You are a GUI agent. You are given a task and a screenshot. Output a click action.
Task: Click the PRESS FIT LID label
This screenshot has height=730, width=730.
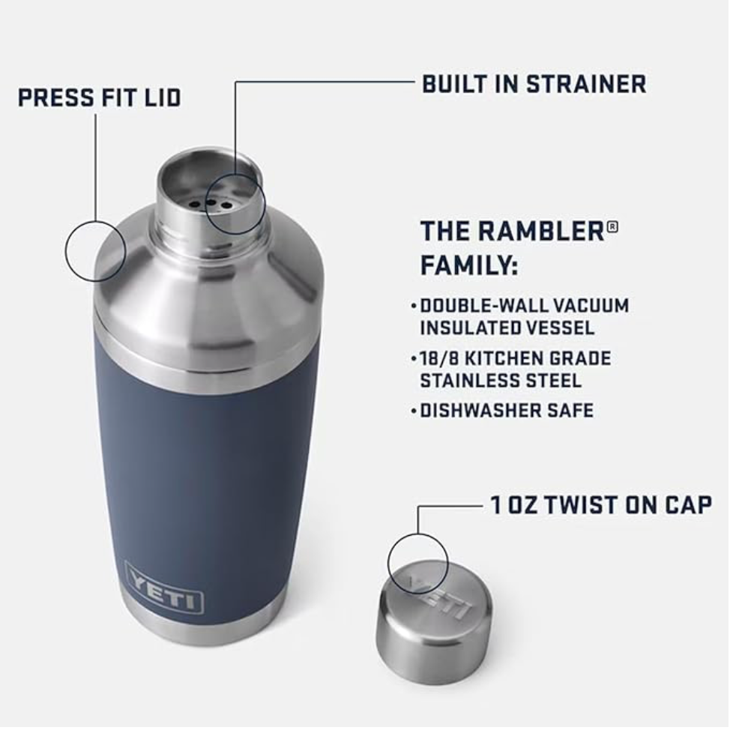coord(99,98)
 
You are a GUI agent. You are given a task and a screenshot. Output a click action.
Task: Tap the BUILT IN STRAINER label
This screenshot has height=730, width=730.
coord(534,84)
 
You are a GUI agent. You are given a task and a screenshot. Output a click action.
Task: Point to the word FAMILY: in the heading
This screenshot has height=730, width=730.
coord(469,265)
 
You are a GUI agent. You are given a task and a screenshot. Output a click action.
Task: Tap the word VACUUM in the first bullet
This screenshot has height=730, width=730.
coord(591,306)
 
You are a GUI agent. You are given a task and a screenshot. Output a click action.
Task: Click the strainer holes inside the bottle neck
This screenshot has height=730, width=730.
coord(209,202)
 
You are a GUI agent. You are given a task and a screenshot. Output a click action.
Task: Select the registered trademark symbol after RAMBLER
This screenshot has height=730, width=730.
coord(612,225)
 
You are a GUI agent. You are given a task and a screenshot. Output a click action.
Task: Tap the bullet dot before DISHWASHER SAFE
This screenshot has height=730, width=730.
coord(414,411)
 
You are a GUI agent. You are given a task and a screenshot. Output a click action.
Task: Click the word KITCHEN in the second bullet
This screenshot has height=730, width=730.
coord(510,359)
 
